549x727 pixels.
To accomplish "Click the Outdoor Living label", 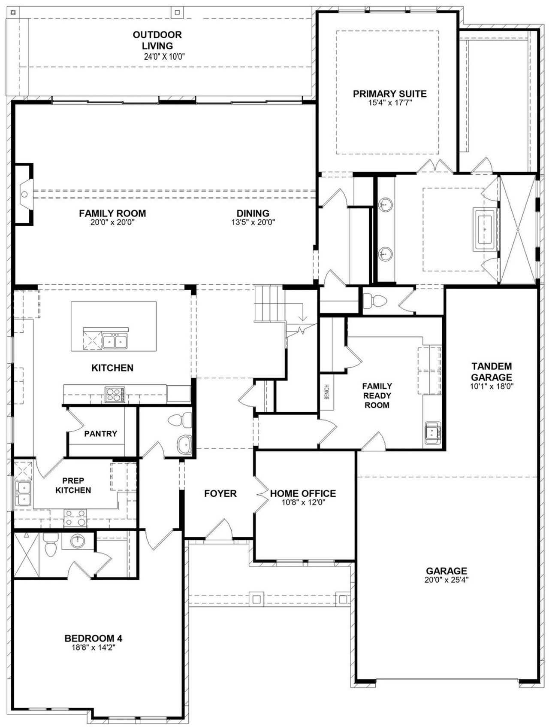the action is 157,40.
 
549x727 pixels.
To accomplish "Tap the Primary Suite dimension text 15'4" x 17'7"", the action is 390,103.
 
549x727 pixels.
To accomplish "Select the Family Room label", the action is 112,213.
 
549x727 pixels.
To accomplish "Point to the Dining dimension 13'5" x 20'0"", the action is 253,222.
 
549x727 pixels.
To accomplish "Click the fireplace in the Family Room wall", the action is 24,194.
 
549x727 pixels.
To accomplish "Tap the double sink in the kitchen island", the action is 115,341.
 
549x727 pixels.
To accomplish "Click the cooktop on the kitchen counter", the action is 115,394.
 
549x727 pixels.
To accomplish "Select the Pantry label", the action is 100,434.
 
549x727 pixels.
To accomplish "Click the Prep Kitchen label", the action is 73,485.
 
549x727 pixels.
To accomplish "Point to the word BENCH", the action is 327,392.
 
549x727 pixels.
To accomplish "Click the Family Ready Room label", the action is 377,395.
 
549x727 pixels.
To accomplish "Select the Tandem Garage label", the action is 492,371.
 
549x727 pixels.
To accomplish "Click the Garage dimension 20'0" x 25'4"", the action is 446,580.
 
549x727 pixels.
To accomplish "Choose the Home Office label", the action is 303,493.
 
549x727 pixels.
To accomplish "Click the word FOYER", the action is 220,493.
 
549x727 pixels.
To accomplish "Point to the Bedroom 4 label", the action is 94,639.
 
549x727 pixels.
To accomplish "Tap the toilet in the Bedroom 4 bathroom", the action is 50,545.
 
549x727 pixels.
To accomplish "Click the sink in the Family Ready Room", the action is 432,433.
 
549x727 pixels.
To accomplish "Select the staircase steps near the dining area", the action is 269,303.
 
